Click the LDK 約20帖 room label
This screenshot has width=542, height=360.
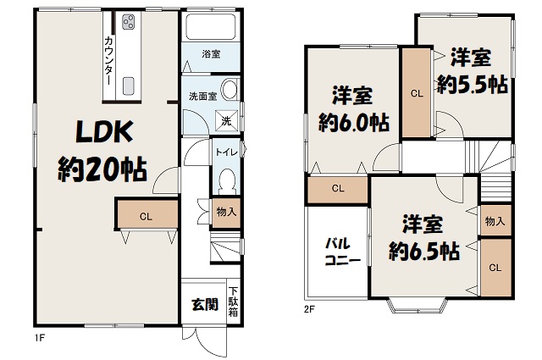103,151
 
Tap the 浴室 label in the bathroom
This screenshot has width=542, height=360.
211,54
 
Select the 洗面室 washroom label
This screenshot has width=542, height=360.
203,96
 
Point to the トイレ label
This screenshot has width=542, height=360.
226,152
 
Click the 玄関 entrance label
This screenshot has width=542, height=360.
205,304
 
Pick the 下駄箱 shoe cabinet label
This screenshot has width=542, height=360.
234,302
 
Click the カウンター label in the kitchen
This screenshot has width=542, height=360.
108,61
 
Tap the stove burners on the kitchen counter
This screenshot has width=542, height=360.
128,23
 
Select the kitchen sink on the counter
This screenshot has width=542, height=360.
128,85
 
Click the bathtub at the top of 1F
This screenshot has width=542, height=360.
211,26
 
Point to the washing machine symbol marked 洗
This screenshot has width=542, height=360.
226,120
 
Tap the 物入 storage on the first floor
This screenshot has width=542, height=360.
226,213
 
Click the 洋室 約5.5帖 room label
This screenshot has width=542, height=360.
473,72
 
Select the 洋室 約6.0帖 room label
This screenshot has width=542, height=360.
353,109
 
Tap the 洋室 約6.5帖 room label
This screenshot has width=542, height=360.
423,237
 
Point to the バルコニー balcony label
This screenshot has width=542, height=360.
342,252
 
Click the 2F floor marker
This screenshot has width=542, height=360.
309,309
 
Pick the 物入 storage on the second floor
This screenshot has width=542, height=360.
495,220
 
